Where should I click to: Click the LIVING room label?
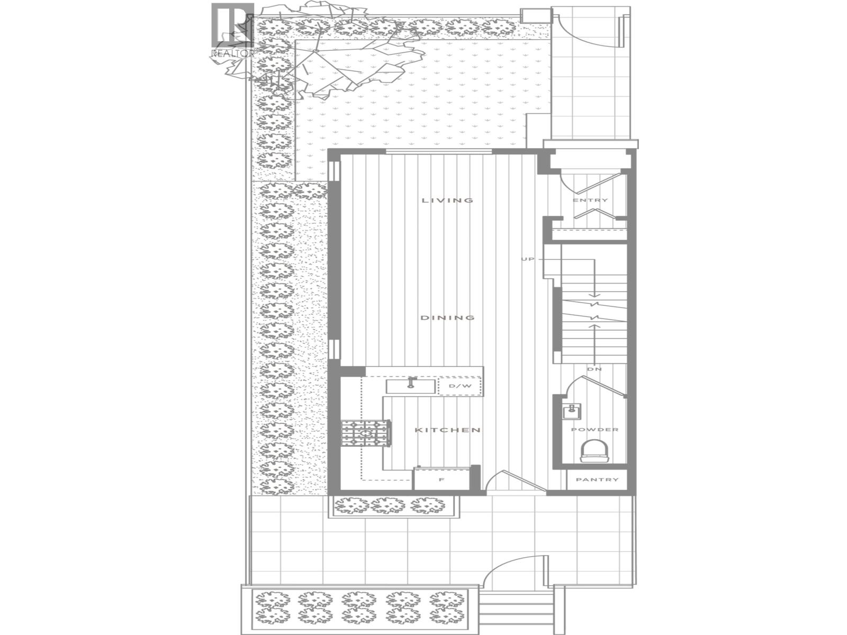point(447,201)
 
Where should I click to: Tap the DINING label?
point(447,318)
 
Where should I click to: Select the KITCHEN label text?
point(447,430)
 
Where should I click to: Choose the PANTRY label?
point(597,480)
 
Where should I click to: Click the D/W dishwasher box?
point(460,386)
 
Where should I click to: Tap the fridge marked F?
point(441,479)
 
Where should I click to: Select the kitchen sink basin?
point(410,386)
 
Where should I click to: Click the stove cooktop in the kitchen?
point(366,433)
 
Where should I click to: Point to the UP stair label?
point(528,259)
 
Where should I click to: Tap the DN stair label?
point(594,369)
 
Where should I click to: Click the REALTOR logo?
point(233,29)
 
